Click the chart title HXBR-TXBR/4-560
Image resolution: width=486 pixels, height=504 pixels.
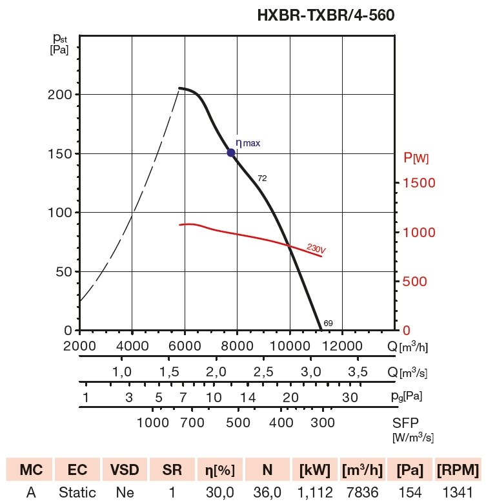[x=326, y=14]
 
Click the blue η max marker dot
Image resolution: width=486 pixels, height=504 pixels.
[x=231, y=153]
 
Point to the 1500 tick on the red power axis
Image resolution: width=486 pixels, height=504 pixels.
[x=419, y=183]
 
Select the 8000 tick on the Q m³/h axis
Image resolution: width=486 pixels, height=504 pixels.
[x=237, y=346]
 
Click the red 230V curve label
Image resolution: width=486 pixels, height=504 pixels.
[x=316, y=249]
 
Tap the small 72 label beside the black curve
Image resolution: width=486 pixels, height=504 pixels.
[x=262, y=178]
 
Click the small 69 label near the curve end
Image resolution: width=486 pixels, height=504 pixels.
[x=328, y=322]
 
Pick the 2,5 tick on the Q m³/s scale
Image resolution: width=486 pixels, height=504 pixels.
[x=263, y=372]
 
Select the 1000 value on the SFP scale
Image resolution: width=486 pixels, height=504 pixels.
[x=153, y=423]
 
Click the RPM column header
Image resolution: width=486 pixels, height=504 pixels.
[x=458, y=469]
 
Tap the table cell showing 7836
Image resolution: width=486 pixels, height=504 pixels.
[x=363, y=493]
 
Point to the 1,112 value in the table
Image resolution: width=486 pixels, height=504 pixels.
[x=315, y=493]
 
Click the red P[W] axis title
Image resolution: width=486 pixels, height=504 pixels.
[x=416, y=157]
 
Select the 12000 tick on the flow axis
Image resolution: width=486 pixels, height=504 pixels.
[x=342, y=346]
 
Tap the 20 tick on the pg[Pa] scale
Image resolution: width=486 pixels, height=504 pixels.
[x=290, y=397]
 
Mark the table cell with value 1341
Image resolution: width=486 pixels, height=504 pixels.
[x=458, y=493]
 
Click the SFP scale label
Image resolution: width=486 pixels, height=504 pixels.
[x=405, y=423]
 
